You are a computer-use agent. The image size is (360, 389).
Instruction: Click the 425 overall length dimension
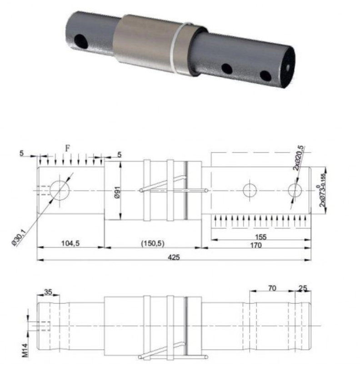[x=174, y=257]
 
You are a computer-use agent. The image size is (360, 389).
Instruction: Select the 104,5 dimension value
[x=70, y=243]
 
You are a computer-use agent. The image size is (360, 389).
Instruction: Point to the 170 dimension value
[x=256, y=245]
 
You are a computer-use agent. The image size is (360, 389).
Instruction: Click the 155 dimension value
[x=260, y=237]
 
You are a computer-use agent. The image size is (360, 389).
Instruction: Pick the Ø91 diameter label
[x=118, y=192]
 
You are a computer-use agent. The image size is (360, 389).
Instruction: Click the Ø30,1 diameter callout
[x=19, y=237]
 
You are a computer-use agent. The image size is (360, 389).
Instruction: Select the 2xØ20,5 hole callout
[x=298, y=158]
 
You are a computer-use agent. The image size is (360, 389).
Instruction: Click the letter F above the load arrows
[x=67, y=148]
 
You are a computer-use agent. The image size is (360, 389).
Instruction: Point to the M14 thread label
[x=25, y=350]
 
